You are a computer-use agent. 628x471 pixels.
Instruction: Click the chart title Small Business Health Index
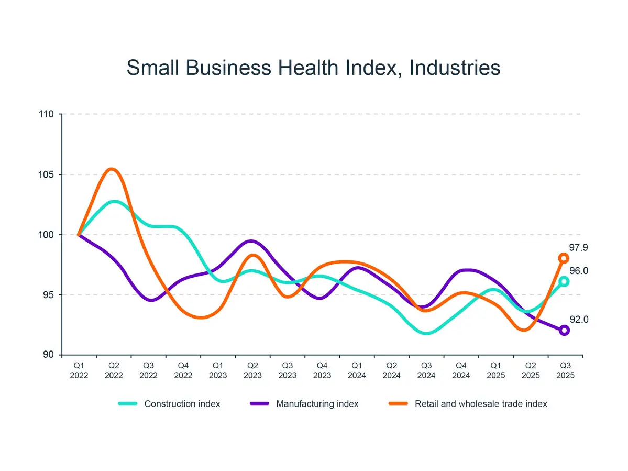[313, 68]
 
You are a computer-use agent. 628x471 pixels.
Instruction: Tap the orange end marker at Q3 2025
[564, 258]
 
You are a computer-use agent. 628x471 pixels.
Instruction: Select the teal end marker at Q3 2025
[564, 281]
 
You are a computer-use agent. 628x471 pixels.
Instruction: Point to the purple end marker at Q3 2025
[564, 330]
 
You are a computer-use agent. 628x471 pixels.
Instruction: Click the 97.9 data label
[579, 247]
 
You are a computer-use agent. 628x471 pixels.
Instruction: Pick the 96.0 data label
[579, 271]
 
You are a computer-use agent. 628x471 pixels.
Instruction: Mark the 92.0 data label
[579, 319]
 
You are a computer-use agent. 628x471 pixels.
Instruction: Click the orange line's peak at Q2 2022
[112, 169]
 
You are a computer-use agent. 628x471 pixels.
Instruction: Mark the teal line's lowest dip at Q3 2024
[427, 333]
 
